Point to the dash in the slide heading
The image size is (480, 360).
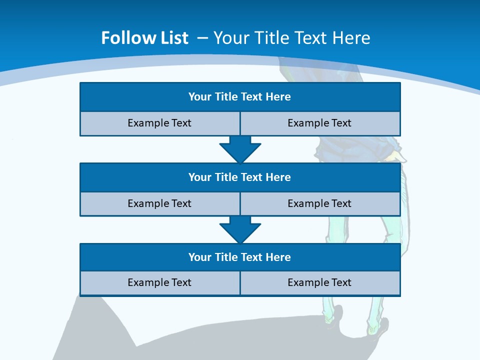point(202,38)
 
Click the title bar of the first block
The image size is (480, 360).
point(239,97)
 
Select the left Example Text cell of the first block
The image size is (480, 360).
point(159,123)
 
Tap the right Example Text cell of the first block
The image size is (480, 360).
point(319,123)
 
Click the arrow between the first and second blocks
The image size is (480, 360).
point(240,150)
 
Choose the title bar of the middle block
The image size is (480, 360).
point(239,177)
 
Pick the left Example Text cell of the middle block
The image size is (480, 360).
point(159,203)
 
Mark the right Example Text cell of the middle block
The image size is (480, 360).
point(319,203)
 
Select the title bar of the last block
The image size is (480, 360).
point(239,257)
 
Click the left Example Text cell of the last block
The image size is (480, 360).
point(159,282)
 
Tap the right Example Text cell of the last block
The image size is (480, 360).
point(319,282)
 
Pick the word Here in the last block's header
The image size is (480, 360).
point(278,257)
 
